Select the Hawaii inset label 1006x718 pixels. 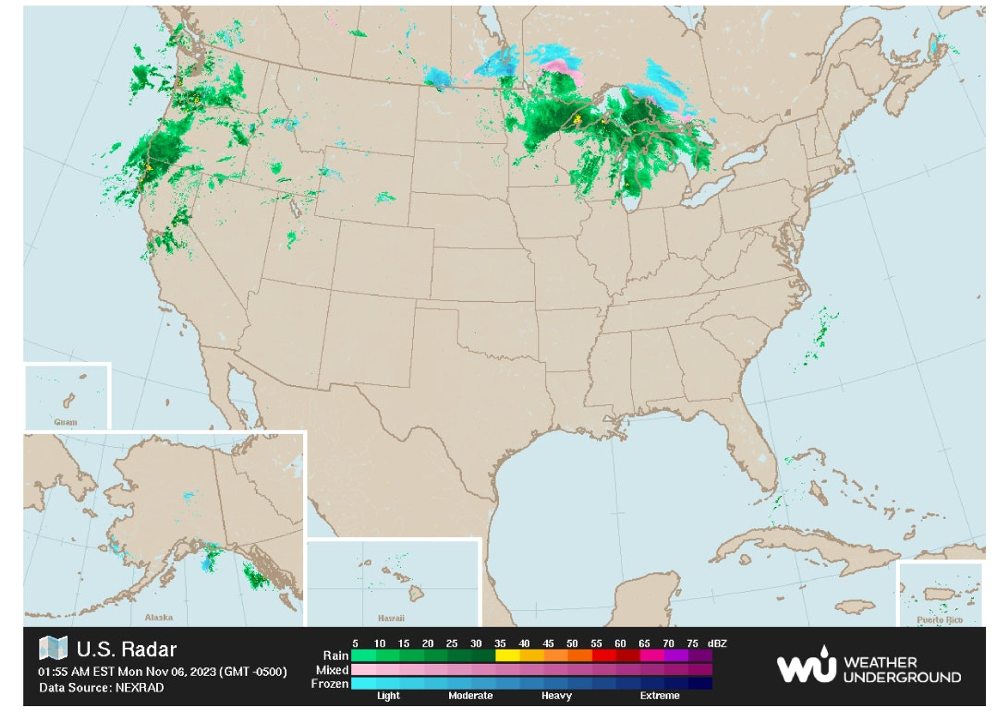click(391, 618)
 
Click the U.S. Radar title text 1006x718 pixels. click(127, 649)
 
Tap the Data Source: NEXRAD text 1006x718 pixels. click(102, 688)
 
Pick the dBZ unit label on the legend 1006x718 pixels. click(717, 644)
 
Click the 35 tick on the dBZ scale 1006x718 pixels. click(500, 644)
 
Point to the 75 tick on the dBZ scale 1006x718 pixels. click(692, 644)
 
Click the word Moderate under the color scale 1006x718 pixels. click(470, 696)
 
